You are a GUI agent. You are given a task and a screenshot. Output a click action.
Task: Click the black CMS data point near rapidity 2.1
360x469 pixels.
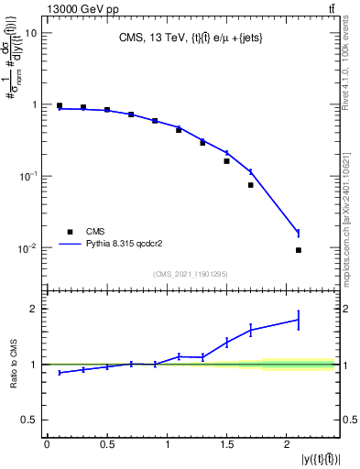point(299,250)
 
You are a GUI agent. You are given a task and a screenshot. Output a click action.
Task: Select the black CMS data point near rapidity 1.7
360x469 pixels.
point(250,185)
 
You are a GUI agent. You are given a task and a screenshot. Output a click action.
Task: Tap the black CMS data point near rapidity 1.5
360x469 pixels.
point(226,161)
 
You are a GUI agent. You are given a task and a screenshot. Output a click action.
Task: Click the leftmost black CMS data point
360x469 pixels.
point(60,106)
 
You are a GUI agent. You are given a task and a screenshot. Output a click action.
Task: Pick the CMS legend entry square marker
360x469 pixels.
point(68,232)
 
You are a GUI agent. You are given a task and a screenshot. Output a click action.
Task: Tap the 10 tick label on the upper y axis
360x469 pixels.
point(31,33)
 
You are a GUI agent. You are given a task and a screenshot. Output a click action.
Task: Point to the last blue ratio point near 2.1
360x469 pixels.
point(299,320)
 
